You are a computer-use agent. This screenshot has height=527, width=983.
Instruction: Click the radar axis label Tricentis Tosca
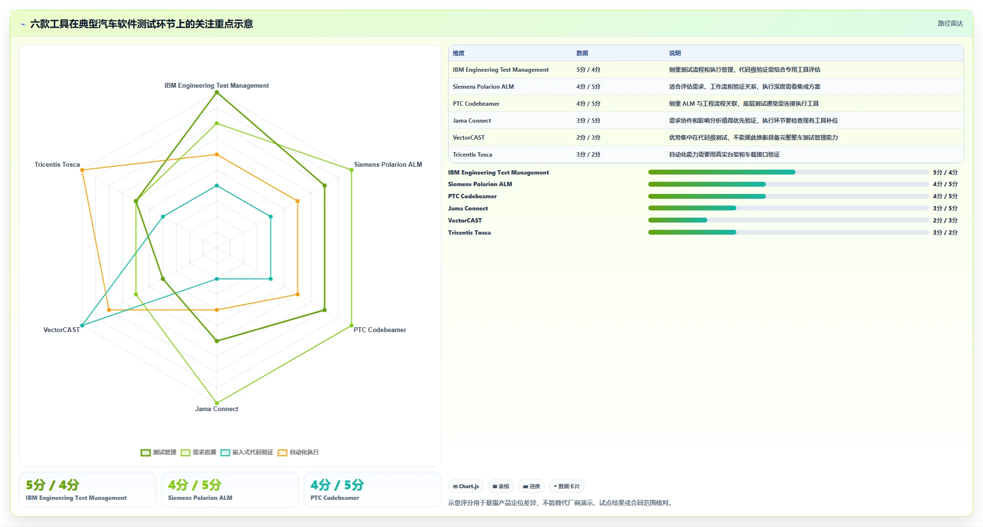(x=57, y=164)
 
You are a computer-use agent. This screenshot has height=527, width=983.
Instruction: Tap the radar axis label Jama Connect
(x=217, y=409)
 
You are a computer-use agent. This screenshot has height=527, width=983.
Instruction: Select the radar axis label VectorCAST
(x=62, y=330)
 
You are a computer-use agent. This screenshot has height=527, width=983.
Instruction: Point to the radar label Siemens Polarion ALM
(x=388, y=164)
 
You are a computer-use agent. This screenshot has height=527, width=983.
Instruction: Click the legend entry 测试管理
(x=158, y=452)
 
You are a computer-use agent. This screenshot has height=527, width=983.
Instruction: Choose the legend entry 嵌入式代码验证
(x=247, y=452)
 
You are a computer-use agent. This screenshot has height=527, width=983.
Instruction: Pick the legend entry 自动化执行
(x=298, y=452)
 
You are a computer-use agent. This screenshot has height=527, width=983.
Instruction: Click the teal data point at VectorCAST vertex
(x=82, y=325)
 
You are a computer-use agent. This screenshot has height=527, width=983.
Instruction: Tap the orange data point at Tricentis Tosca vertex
(x=82, y=170)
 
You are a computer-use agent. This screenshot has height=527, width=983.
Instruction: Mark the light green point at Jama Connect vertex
(x=217, y=403)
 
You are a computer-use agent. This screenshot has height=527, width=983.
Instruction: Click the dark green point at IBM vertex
(x=217, y=92)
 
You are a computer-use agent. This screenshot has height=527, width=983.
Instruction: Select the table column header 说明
(x=675, y=53)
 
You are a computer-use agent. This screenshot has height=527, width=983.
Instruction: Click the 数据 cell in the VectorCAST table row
(x=588, y=138)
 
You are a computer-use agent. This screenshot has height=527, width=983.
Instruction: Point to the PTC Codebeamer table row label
(x=476, y=104)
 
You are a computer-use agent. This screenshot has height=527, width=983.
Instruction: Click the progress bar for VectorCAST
(x=788, y=220)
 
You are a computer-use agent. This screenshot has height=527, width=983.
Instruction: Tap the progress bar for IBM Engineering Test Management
(x=788, y=172)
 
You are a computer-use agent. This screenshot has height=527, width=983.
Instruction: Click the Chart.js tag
(x=466, y=486)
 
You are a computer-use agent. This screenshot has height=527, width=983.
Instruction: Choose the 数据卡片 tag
(x=566, y=486)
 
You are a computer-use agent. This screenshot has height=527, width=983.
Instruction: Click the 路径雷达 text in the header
(x=950, y=23)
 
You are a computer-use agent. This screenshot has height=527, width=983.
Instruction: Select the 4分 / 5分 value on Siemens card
(x=195, y=485)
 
